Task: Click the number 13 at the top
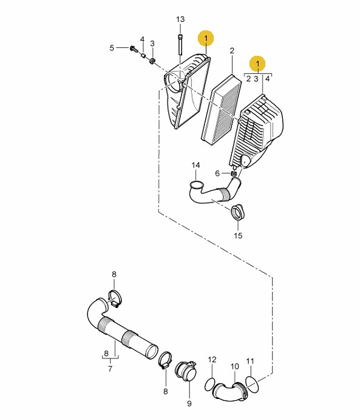coord(180,19)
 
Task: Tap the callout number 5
coord(112,48)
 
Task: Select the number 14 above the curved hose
coord(195,165)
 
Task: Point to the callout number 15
coord(238,235)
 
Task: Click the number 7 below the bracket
coord(110,369)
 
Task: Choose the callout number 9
coord(189,403)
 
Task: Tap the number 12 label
coord(212,360)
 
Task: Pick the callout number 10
coord(234,366)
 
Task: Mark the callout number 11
coord(250,361)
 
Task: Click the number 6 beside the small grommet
coord(217,173)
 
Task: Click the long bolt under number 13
coord(180,45)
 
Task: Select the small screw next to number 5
coord(134,49)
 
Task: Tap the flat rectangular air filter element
coord(221,110)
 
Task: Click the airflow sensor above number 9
coord(186,371)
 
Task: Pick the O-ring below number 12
coord(210,385)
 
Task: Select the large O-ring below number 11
coord(252,384)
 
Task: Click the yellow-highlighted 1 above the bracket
coord(257,64)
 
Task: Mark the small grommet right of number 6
coord(234,173)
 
